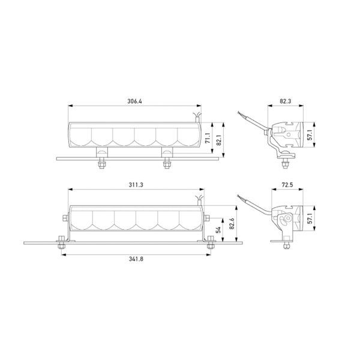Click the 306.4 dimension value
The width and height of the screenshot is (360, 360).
(134, 101)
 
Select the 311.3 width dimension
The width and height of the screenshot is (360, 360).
(136, 185)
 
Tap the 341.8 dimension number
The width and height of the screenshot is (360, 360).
(136, 259)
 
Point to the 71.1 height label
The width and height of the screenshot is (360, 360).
(208, 138)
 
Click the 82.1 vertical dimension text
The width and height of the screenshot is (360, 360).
(219, 140)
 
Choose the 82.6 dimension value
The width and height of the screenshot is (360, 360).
(232, 224)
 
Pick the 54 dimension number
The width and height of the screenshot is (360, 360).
(218, 230)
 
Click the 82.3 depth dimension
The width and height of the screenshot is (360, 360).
(286, 101)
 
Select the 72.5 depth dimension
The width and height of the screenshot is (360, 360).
(287, 185)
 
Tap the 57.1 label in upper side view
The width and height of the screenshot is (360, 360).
(310, 135)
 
